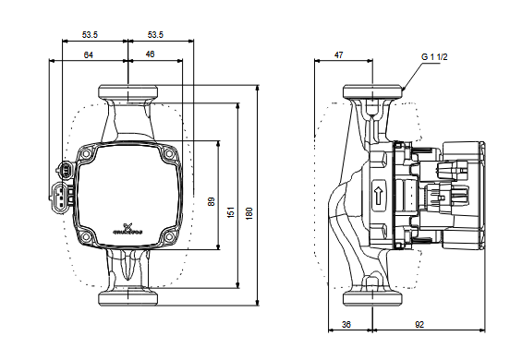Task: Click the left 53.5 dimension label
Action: click(x=90, y=34)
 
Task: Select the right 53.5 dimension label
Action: click(x=155, y=34)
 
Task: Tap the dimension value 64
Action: click(x=88, y=55)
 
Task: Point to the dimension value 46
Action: click(x=150, y=55)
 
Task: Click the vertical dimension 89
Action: click(x=212, y=200)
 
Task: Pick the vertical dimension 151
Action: click(x=233, y=210)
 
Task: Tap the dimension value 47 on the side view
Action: click(x=338, y=55)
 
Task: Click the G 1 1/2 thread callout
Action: click(x=434, y=56)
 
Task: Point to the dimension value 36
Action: click(x=346, y=323)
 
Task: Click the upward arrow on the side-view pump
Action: click(x=378, y=195)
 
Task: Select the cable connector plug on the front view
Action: click(x=63, y=185)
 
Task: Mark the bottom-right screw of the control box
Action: click(x=167, y=237)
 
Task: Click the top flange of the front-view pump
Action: click(x=127, y=92)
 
